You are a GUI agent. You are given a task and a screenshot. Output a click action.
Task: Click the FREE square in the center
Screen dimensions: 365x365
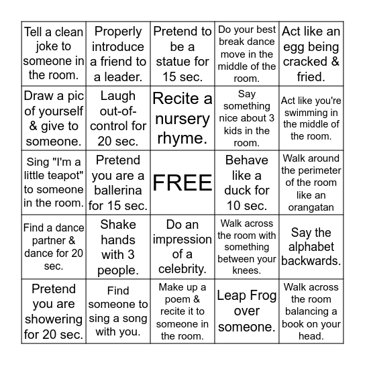pos(182,182)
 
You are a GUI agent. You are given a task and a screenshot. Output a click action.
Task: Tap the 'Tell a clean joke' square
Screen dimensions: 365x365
pos(54,53)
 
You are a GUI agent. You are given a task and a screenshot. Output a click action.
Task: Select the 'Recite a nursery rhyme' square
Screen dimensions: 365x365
pos(182,118)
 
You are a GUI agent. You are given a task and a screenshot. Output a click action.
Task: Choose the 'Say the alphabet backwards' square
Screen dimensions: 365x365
pos(311,246)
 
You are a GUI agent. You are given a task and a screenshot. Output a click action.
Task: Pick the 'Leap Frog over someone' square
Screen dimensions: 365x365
pos(247,311)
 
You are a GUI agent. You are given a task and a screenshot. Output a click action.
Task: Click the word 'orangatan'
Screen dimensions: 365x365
pos(311,208)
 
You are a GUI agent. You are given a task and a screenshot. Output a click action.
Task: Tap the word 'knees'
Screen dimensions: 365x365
pos(246,272)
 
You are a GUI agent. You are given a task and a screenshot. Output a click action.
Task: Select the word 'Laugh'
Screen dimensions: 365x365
pos(118,95)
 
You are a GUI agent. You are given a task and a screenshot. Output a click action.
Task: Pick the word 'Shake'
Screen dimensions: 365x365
pos(118,224)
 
